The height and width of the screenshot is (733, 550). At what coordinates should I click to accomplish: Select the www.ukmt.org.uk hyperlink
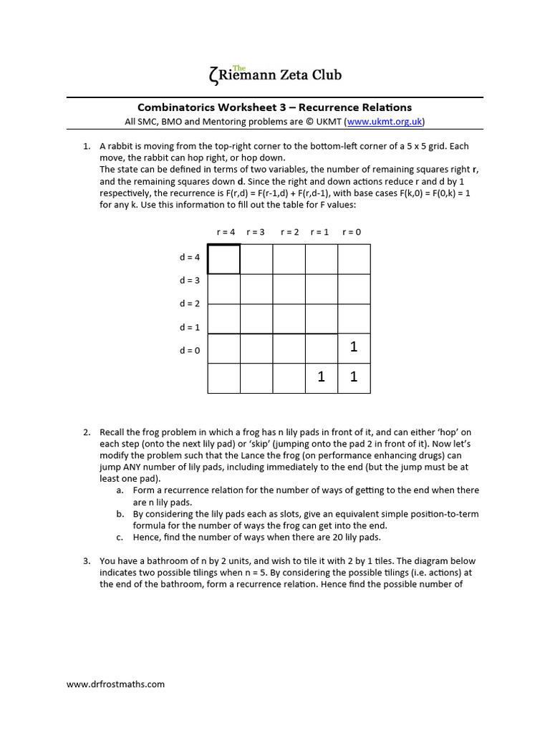(385, 122)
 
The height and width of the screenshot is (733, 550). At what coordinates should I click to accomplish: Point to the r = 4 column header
(225, 232)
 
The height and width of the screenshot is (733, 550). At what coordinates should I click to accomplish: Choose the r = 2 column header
(289, 232)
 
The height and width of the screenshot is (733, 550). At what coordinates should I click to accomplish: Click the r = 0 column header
(352, 232)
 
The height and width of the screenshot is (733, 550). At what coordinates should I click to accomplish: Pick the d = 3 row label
(190, 280)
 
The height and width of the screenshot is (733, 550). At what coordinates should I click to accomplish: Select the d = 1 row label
(190, 327)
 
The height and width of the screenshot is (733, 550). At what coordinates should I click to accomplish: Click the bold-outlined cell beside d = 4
(224, 259)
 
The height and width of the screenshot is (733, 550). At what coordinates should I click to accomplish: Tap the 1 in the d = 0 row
(353, 347)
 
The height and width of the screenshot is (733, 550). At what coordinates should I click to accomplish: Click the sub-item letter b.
(119, 514)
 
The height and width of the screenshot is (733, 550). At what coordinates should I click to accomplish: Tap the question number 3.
(85, 560)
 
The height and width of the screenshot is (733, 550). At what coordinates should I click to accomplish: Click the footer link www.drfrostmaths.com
(115, 684)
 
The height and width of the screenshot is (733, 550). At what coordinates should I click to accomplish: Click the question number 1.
(85, 146)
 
